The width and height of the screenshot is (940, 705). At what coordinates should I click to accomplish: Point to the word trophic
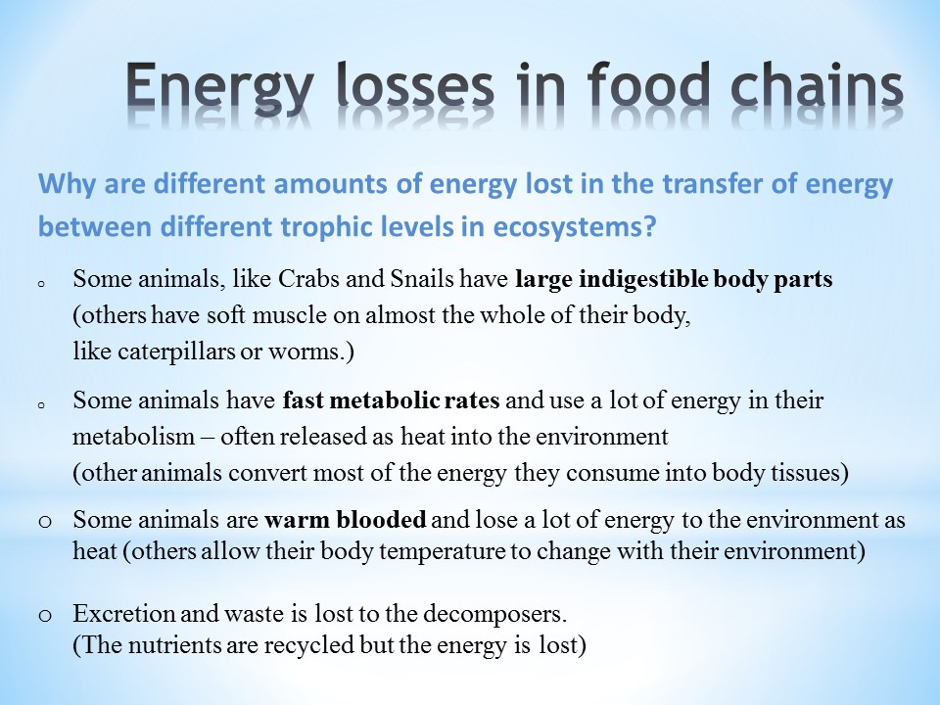pos(353,226)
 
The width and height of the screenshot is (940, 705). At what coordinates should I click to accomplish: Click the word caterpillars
pos(176,352)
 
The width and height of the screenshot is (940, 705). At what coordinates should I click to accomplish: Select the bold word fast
pos(304,399)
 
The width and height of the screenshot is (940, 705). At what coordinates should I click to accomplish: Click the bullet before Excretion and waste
pos(45,616)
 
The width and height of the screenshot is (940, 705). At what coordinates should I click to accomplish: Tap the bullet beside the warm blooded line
pos(45,522)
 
